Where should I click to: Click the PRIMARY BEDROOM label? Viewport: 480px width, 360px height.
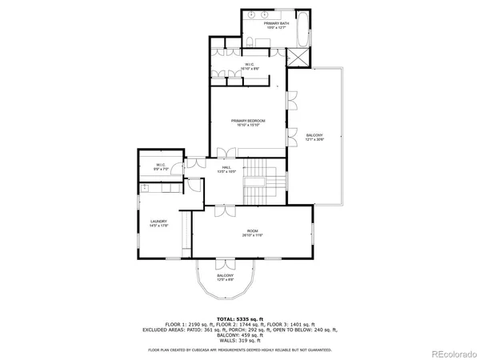(x=248, y=122)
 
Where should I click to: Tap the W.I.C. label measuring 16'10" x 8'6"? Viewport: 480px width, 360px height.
(x=249, y=66)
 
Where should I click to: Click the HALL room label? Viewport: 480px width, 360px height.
(x=226, y=170)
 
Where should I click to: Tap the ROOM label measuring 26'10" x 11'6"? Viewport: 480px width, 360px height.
(x=252, y=233)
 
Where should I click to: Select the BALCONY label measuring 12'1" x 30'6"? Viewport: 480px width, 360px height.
(x=315, y=137)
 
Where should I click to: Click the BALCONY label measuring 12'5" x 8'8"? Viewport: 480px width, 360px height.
(x=225, y=278)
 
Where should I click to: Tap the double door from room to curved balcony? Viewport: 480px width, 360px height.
(x=225, y=263)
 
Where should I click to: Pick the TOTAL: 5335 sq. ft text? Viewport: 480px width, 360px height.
(x=240, y=318)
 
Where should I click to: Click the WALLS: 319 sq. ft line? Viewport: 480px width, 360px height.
(x=240, y=340)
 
